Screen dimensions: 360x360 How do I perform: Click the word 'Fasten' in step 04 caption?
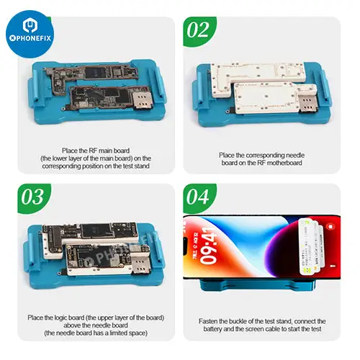tap(210, 320)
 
